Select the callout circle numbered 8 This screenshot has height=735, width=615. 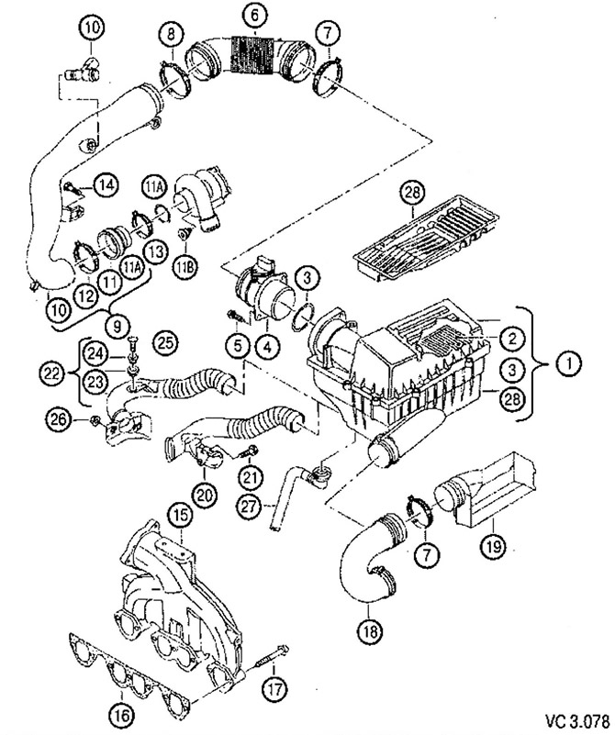coord(169,36)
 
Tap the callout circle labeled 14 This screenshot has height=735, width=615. coord(106,185)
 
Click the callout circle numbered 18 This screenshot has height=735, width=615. coord(369,631)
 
